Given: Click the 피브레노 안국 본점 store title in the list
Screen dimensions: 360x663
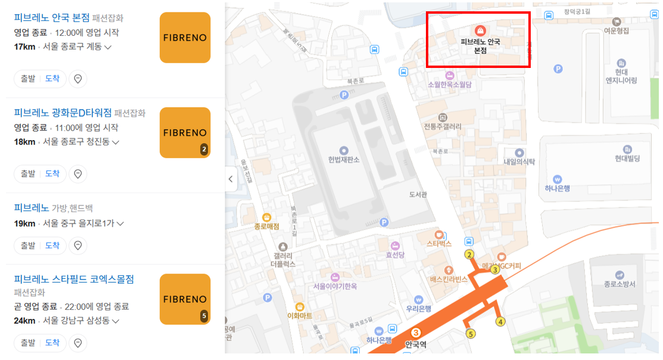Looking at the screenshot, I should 51,17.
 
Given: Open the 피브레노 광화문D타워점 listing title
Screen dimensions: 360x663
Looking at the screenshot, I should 63,113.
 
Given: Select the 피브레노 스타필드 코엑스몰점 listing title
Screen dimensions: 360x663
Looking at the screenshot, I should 73,279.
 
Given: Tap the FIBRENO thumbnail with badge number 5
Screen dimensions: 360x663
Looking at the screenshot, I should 185,299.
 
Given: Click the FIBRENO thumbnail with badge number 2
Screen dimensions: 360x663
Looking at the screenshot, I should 185,132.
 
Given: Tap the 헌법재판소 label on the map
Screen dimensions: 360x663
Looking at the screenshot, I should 344,159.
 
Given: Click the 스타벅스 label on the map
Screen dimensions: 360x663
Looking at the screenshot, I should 439,243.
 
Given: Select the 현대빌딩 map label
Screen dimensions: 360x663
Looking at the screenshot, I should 627,158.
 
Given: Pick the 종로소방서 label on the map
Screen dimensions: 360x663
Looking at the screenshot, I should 620,284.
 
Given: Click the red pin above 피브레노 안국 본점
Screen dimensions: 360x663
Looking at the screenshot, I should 480,30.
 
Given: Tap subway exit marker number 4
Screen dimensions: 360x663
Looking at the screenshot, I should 500,322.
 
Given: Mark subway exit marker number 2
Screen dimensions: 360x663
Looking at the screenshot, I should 469,255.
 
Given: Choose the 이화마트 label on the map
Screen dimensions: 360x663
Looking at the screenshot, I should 300,315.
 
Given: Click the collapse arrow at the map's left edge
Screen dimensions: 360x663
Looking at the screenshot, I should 231,179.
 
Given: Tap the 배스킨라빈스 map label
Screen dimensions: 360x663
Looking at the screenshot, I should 449,278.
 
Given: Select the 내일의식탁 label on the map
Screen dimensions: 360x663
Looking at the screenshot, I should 519,162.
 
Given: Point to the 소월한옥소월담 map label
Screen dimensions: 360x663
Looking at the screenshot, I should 449,85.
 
